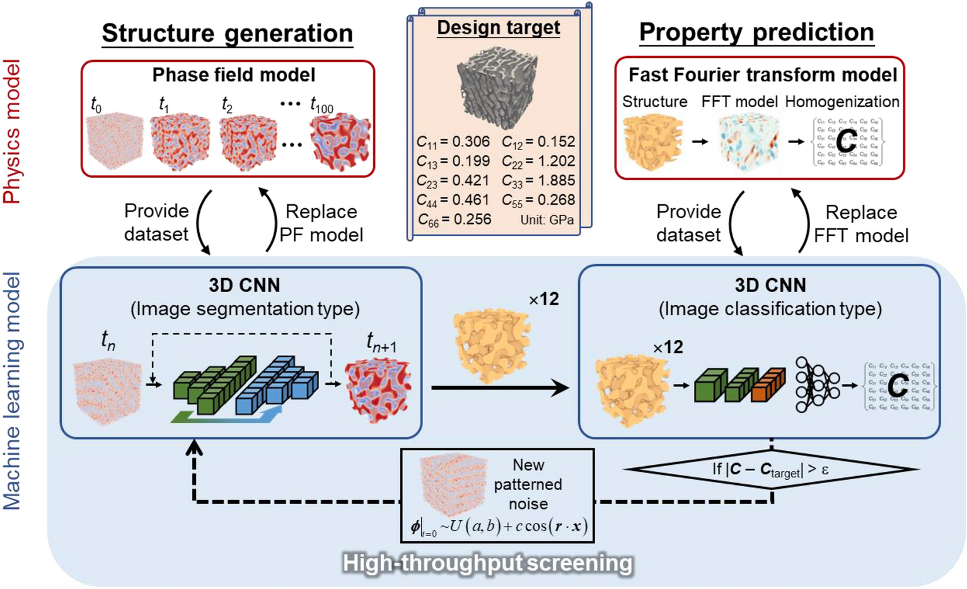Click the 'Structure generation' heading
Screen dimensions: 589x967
tap(227, 33)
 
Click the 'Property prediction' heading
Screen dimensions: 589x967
tap(756, 33)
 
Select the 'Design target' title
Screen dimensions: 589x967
tap(498, 28)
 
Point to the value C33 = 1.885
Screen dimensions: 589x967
tap(538, 181)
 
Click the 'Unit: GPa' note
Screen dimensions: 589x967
tap(547, 220)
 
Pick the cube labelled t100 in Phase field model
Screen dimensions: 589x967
tap(340, 142)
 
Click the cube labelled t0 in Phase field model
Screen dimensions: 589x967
tap(114, 142)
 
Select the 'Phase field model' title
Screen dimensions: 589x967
tap(233, 75)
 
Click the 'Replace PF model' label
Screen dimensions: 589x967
tap(321, 223)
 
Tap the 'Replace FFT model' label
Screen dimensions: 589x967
tap(861, 224)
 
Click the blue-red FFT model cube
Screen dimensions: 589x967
tap(749, 143)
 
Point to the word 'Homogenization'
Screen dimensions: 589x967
tap(842, 102)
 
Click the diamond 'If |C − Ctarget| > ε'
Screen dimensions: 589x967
tap(770, 470)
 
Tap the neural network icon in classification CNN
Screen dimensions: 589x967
tap(817, 385)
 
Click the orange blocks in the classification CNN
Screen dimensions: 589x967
tap(769, 385)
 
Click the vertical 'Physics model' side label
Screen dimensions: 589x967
tap(12, 132)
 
